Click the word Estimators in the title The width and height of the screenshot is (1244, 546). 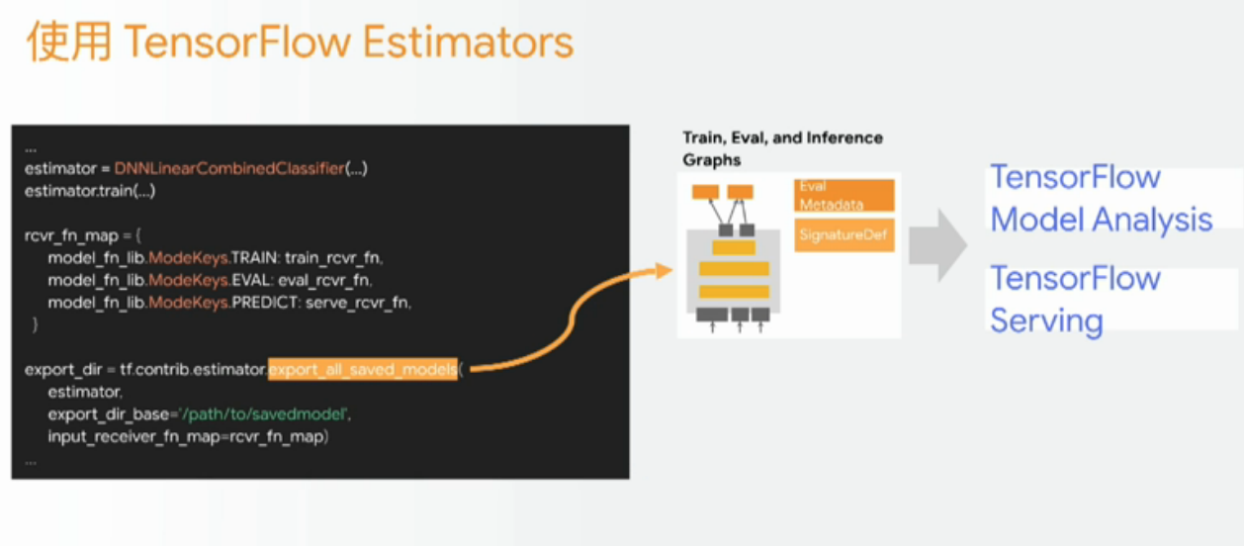pos(468,42)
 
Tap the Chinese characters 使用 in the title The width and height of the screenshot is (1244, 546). pos(69,42)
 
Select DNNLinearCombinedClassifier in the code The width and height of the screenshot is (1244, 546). pos(229,168)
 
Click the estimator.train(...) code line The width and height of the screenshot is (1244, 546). pos(90,191)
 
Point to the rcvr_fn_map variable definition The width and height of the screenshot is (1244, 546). pos(71,235)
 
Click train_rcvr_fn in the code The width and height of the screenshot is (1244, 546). pos(333,258)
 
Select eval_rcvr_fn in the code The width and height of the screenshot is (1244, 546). pos(324,280)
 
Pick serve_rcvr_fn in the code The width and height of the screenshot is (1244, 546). pos(357,302)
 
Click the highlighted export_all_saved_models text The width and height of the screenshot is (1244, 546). pos(363,369)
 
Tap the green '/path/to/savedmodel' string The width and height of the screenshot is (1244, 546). pos(264,414)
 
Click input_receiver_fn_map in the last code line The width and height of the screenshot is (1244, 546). pos(133,436)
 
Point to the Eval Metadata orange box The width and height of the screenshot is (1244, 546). pos(844,195)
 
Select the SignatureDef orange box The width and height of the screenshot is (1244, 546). pos(844,235)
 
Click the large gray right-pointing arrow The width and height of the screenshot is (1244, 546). pos(938,245)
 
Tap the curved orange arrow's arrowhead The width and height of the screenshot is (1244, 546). pos(664,270)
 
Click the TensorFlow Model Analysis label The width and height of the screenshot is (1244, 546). pos(1102,198)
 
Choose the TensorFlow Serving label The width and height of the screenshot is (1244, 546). pos(1075,300)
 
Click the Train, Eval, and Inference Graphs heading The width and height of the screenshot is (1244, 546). pos(782,148)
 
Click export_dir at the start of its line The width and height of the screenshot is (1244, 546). pos(63,369)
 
